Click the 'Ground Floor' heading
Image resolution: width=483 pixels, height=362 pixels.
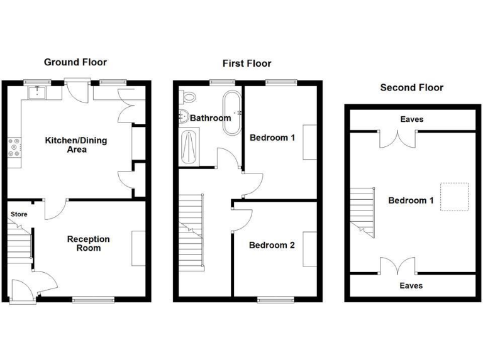tap(75, 62)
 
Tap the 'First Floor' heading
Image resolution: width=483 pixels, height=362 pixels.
tap(247, 63)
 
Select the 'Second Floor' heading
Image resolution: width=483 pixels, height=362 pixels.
tap(411, 87)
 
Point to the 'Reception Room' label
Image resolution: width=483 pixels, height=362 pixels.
tap(88, 243)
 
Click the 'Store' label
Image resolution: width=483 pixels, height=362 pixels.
tap(18, 214)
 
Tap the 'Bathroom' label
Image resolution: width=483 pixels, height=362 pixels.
tap(210, 118)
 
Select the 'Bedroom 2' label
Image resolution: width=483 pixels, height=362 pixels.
tap(272, 245)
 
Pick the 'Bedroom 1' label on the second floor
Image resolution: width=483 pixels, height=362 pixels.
tap(411, 200)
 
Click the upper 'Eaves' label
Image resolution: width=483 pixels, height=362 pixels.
tap(411, 119)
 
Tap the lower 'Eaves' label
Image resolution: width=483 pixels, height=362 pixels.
tap(411, 285)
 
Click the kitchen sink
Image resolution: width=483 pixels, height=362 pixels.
tap(40, 94)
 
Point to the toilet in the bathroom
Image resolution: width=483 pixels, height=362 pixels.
tap(187, 97)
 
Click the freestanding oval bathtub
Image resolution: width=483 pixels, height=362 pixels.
tap(231, 114)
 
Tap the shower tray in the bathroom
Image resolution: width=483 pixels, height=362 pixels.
tap(189, 146)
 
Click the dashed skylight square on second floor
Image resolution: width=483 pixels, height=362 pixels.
tap(453, 197)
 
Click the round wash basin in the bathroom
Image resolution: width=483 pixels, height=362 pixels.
tap(183, 116)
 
